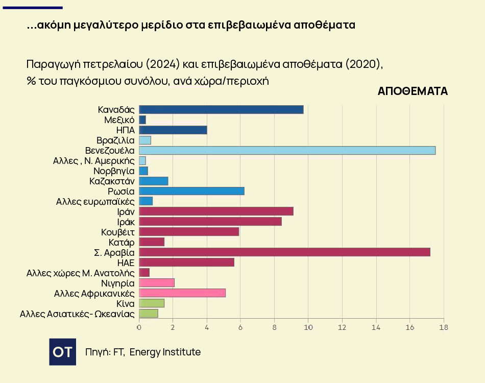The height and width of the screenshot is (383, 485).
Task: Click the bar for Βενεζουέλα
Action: (x=287, y=150)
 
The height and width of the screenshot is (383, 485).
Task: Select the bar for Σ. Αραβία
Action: (x=284, y=252)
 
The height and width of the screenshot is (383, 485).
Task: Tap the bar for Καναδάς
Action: (x=221, y=109)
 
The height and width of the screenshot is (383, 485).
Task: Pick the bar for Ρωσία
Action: (x=191, y=191)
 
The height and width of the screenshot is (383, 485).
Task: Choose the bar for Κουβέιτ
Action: (x=189, y=232)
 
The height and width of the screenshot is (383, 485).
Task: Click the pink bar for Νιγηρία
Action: (x=157, y=283)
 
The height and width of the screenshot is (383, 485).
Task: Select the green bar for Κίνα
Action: (x=152, y=303)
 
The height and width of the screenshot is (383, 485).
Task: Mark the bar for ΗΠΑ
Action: (x=173, y=130)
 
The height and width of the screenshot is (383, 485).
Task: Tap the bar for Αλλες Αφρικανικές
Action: (x=182, y=293)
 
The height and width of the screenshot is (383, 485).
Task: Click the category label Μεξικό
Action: (x=119, y=119)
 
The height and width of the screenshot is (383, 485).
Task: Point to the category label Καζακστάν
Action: (x=112, y=181)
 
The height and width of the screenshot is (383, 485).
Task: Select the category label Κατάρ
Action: (x=122, y=242)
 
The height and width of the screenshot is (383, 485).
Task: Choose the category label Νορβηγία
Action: (x=114, y=171)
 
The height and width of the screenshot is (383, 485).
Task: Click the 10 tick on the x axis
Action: (x=308, y=327)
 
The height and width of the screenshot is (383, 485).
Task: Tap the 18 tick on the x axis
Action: (x=443, y=327)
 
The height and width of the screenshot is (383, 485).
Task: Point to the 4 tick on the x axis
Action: (x=207, y=327)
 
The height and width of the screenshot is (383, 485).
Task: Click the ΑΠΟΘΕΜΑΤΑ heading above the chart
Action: (x=413, y=91)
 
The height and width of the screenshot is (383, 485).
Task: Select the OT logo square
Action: (x=62, y=352)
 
